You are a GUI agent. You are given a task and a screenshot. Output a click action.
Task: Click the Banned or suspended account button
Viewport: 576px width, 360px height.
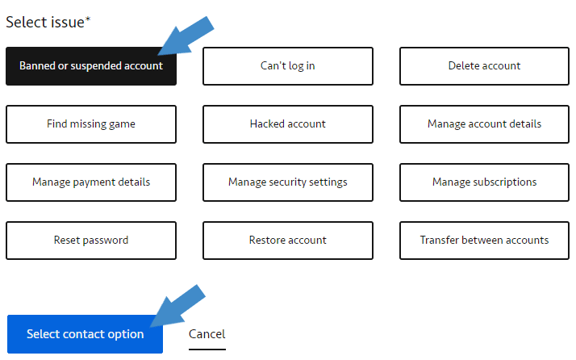90,66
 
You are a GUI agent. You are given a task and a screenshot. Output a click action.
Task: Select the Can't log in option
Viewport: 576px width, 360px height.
288,66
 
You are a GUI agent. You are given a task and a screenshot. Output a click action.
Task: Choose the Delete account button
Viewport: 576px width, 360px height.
484,66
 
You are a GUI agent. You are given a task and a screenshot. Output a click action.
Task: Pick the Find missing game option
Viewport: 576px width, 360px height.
90,124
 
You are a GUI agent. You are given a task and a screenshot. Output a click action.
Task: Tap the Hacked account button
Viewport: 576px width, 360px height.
288,124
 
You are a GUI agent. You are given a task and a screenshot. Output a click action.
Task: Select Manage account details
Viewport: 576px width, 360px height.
484,124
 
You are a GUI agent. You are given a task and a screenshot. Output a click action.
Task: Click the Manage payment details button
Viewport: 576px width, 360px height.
90,182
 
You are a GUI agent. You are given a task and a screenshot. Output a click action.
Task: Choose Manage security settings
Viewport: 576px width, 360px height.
288,182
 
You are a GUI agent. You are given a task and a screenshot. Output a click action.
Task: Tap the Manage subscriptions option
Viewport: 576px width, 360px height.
484,182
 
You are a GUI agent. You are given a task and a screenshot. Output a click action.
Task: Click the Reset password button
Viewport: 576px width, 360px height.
90,241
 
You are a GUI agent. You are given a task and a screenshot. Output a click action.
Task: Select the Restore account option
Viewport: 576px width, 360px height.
288,241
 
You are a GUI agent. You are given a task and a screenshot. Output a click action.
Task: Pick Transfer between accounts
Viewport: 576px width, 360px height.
484,241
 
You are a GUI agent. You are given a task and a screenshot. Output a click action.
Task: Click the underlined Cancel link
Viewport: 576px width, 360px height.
207,334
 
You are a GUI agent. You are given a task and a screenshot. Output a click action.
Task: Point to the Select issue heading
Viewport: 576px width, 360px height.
47,23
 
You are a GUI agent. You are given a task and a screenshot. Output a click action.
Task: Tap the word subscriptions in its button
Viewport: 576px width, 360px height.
506,182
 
